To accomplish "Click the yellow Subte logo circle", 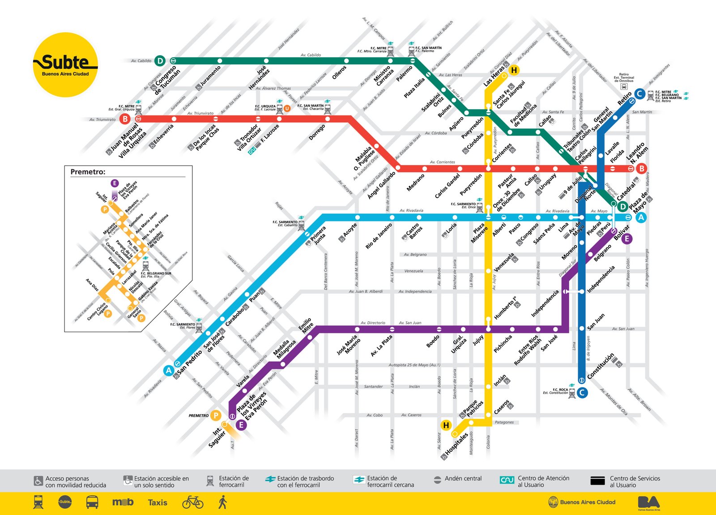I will pyautogui.click(x=65, y=65).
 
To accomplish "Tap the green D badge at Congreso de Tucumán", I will pyautogui.click(x=160, y=60).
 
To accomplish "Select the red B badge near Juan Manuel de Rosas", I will pyautogui.click(x=125, y=119).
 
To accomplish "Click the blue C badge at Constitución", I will pyautogui.click(x=582, y=393).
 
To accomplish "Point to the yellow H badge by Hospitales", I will pyautogui.click(x=446, y=425).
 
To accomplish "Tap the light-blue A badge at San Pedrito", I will pyautogui.click(x=169, y=370).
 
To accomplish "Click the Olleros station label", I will pyautogui.click(x=340, y=72).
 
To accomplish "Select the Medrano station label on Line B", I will pyautogui.click(x=415, y=183).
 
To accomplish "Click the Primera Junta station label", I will pyautogui.click(x=318, y=235).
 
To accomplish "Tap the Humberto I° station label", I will pyautogui.click(x=505, y=308).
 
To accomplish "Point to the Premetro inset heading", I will pyautogui.click(x=88, y=172).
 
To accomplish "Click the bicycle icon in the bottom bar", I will pyautogui.click(x=193, y=502).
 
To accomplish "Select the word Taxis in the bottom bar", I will pyautogui.click(x=158, y=502).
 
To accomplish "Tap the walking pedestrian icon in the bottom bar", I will pyautogui.click(x=222, y=502).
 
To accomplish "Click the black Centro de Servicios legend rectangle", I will pyautogui.click(x=597, y=481).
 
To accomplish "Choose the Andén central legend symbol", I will pyautogui.click(x=438, y=479).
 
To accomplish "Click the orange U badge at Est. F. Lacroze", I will pyautogui.click(x=287, y=108).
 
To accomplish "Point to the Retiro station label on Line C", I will pyautogui.click(x=624, y=98).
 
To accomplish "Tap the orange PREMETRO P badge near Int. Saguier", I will pyautogui.click(x=216, y=416).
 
